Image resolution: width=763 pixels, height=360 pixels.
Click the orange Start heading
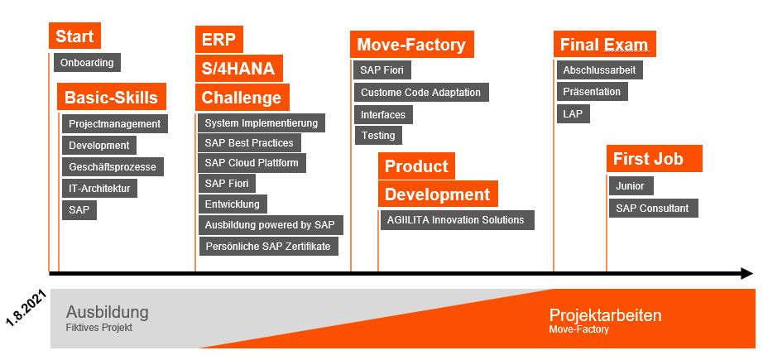coord(75,36)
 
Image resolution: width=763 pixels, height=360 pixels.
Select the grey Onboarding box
coord(87,62)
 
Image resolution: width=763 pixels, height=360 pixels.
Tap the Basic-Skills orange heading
coord(112,96)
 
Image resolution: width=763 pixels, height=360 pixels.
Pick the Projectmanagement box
coord(115,123)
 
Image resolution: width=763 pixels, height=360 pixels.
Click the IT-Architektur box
coord(100,188)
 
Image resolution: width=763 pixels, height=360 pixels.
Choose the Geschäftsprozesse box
coord(113,166)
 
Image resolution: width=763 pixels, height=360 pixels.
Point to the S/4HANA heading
coord(239,68)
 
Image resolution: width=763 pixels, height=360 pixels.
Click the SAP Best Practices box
coord(250,142)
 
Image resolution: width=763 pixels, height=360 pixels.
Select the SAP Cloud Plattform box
coord(252,163)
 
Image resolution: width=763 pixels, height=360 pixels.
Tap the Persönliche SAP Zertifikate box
coord(269,246)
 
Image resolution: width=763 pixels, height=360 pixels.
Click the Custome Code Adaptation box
coord(421,92)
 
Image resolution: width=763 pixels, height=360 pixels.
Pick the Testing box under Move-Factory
coord(378,135)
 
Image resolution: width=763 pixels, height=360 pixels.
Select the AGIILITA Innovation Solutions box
coord(458,220)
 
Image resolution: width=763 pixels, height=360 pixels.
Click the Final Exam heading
coord(605,44)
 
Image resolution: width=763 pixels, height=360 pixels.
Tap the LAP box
coord(573,114)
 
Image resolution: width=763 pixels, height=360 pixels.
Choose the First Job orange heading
coord(655,159)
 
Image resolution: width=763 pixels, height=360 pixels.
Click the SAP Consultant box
coord(654,209)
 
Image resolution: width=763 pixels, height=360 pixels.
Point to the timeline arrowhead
coord(747,274)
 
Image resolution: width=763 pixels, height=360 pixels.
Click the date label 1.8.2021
coord(26,308)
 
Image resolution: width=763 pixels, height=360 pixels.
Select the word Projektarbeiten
coord(605,315)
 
